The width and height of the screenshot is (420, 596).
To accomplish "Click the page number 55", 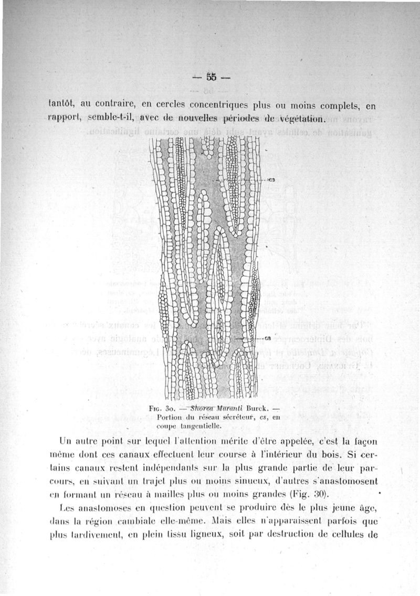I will (211, 77).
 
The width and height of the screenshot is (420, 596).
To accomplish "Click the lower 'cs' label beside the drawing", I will (268, 338).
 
